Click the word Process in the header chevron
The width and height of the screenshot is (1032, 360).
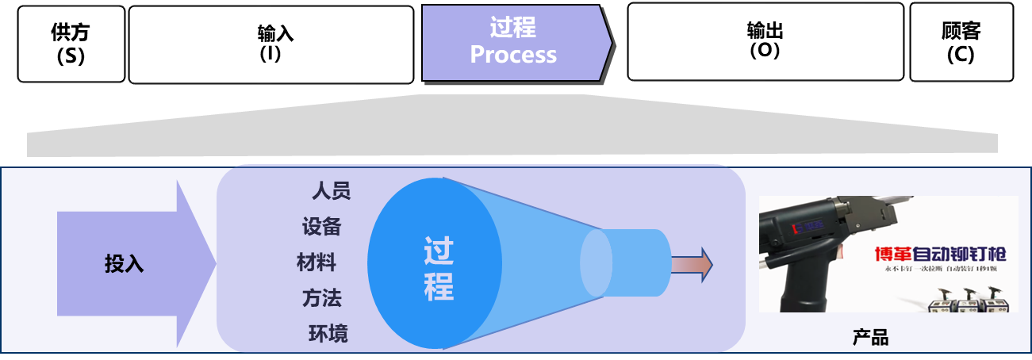point(513,55)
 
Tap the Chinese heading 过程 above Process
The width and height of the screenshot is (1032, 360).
point(513,28)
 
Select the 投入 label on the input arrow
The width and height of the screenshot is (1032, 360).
point(125,263)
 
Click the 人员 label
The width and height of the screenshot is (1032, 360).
point(331,191)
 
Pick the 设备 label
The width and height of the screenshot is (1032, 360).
point(321,227)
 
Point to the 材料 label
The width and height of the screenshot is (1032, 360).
point(317,262)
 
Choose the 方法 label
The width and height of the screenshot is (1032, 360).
point(321,298)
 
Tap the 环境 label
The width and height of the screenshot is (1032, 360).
point(328,334)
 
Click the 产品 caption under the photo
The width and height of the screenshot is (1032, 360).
point(870,338)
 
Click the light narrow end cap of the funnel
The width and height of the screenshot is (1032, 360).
point(597,263)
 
